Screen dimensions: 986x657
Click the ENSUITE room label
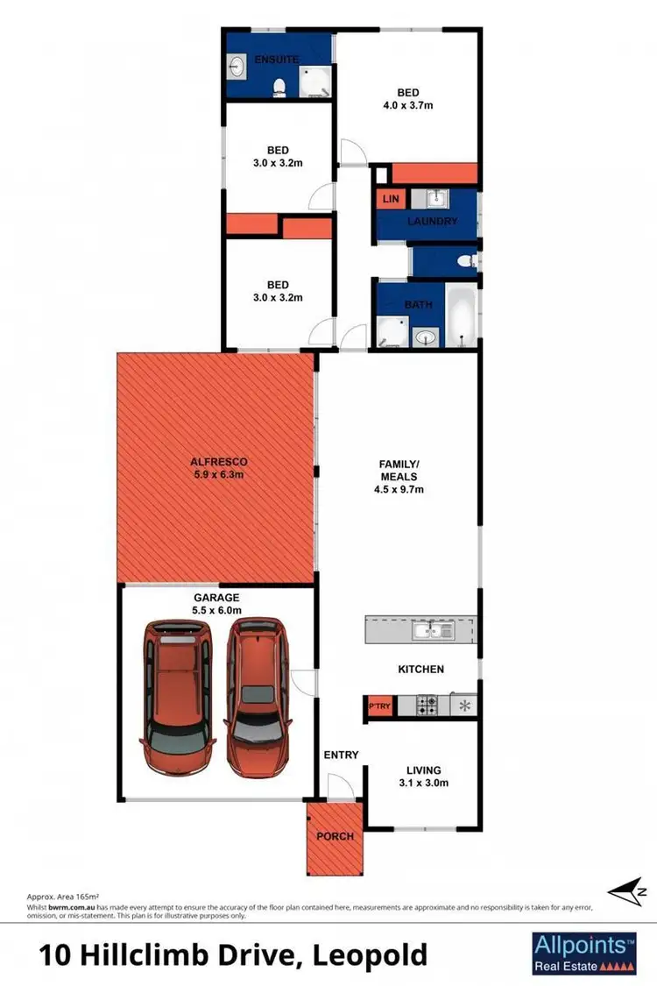(277, 60)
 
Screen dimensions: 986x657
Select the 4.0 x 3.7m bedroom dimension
(408, 106)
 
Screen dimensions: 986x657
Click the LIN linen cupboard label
(391, 200)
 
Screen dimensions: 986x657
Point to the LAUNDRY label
(432, 222)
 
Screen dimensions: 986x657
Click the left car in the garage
(179, 693)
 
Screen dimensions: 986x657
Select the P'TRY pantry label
(379, 706)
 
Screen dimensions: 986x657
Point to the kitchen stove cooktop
(426, 705)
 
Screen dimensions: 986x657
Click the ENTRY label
(342, 755)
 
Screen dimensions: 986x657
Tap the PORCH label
(335, 836)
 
